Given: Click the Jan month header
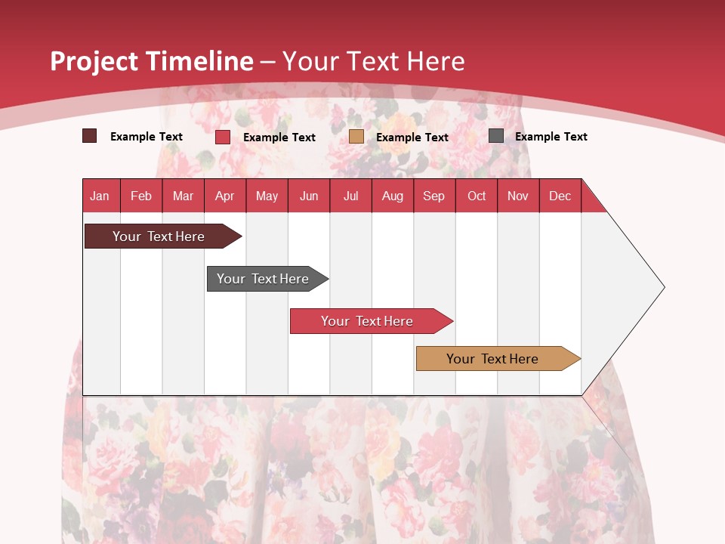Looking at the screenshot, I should [x=100, y=196].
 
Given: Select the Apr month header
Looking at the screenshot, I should [x=224, y=196].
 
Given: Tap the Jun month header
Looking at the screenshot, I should [x=309, y=196].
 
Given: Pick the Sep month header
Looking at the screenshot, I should [x=433, y=196].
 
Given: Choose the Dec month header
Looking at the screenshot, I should [x=560, y=196].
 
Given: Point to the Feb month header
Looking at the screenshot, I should [x=141, y=196].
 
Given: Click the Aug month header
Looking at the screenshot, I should [x=392, y=196].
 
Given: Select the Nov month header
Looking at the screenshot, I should [x=517, y=196].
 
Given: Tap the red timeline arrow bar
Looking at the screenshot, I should [x=368, y=321].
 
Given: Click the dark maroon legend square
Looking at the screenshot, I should [x=89, y=136].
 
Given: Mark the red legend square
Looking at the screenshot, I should [x=223, y=137].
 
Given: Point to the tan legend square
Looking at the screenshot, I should [x=356, y=136].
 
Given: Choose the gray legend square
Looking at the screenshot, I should [x=496, y=136].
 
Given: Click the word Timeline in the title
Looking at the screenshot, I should [x=199, y=61].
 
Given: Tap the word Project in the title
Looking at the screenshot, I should [x=94, y=61].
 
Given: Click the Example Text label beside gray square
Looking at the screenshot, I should [x=551, y=137].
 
